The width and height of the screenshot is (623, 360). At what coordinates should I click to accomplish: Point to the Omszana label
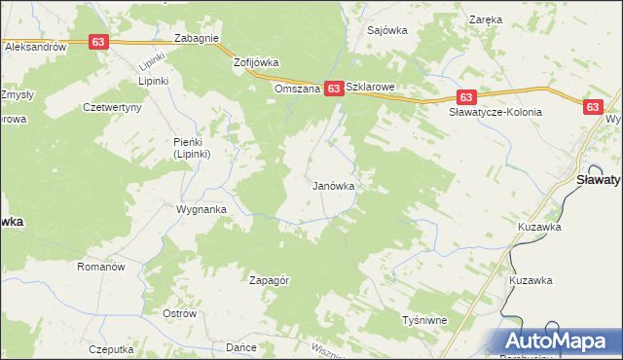point(297,89)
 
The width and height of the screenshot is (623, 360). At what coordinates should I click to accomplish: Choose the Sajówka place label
point(386,30)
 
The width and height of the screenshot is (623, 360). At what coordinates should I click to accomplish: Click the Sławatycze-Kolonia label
point(495,112)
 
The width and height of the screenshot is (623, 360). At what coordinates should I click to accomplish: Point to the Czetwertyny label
point(113,107)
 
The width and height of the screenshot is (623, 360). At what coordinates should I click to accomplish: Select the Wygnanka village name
point(202,209)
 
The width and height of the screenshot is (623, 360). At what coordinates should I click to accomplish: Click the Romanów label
point(102,266)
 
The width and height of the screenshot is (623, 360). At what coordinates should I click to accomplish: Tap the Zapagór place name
point(270,280)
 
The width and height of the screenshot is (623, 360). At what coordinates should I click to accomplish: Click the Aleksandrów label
point(34,46)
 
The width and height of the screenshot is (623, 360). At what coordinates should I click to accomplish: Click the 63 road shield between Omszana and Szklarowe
point(333,89)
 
